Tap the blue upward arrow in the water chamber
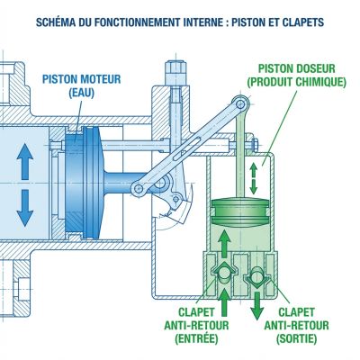[x=24, y=167]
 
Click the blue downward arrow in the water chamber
[x=24, y=209]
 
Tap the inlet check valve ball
[x=220, y=270]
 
